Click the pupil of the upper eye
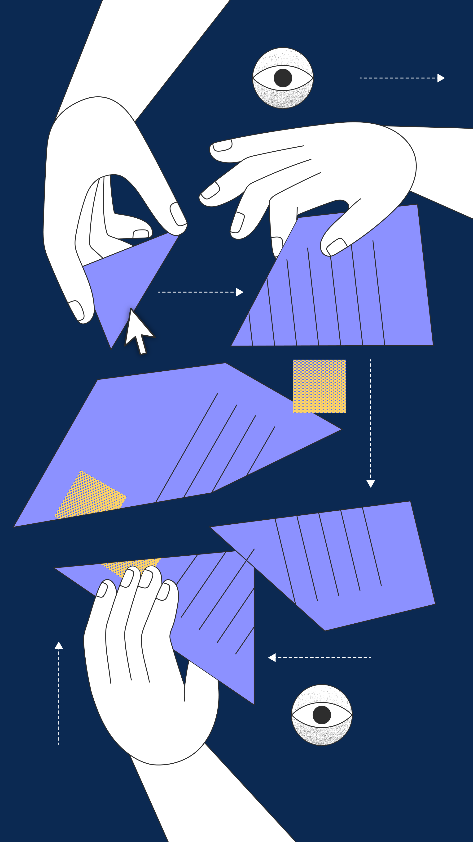(x=283, y=78)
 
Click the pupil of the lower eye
(x=322, y=715)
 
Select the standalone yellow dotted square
(x=319, y=386)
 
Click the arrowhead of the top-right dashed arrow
(x=441, y=78)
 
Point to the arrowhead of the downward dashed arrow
(x=371, y=483)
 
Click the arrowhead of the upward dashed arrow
(x=59, y=646)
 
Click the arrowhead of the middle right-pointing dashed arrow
(x=239, y=292)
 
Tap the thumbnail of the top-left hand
(x=178, y=214)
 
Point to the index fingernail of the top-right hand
(x=222, y=145)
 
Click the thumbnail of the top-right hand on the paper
(x=336, y=247)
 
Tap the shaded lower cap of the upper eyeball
(x=283, y=98)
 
